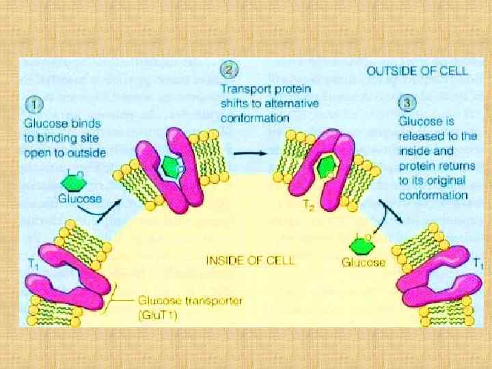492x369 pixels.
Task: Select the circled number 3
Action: (x=407, y=103)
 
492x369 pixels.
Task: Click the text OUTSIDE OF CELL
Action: (x=417, y=70)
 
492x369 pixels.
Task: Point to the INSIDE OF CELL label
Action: (x=250, y=260)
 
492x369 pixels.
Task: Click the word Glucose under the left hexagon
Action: (x=79, y=200)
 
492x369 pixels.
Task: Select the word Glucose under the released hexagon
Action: (x=364, y=262)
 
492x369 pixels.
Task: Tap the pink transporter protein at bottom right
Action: (x=437, y=280)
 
